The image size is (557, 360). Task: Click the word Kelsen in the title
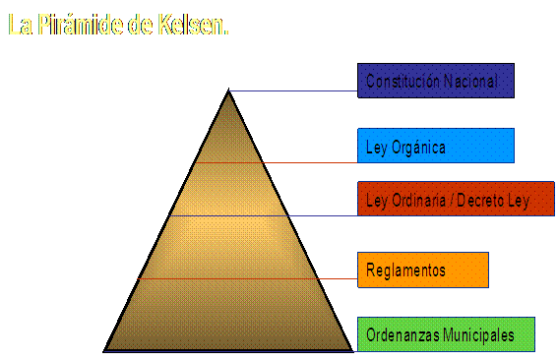point(192,25)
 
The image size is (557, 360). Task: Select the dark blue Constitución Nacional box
point(436,81)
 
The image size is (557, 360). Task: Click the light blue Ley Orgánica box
point(436,146)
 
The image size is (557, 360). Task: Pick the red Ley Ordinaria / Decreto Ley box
point(456,199)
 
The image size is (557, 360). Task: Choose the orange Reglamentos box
point(423,270)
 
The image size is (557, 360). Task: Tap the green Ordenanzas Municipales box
point(446,334)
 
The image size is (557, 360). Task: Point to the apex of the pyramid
point(228,90)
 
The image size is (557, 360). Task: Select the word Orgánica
point(418,148)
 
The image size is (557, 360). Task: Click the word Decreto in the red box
point(480,201)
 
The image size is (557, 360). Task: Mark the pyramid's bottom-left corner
point(103,351)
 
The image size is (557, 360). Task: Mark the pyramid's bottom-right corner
point(353,351)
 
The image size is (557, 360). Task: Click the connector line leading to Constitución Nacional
point(293,90)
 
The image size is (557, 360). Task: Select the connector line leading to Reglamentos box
point(247,278)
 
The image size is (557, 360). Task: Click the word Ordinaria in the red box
point(418,201)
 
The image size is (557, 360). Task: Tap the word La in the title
point(21,25)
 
